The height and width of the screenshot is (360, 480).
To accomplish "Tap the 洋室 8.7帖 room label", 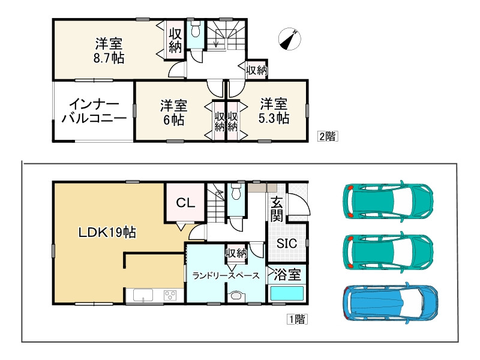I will coord(109,51).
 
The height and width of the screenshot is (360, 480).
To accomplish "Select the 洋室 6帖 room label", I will coord(173,112).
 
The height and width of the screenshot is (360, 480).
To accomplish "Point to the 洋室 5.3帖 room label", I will coord(273,110).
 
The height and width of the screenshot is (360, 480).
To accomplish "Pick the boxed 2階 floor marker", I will coord(327,136).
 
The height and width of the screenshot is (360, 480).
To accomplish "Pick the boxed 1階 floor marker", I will coord(296,320).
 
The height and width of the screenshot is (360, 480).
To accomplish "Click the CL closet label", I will coord(185,203).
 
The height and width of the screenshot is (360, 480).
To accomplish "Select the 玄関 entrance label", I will coord(277,209).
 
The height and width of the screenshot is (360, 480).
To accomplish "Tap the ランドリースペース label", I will coord(225,276).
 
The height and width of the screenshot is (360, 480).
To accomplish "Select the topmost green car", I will coord(388,201).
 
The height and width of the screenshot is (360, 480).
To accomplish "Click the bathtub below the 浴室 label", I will coord(287,295).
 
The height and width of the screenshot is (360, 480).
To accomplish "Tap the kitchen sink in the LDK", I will coord(143,295).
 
